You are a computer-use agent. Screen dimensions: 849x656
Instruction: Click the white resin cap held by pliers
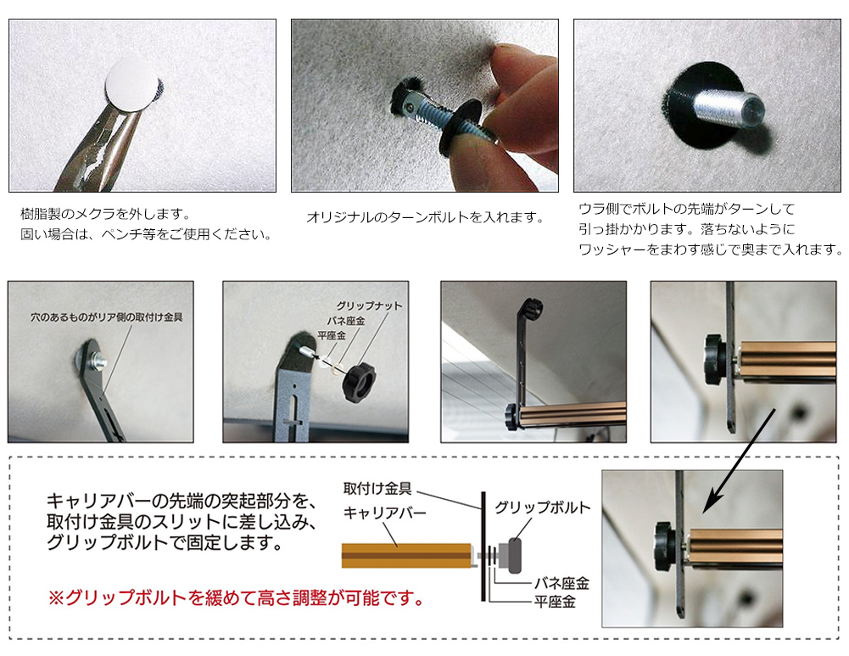tap(131, 85)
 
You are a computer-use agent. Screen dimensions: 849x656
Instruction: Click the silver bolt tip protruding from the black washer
tap(729, 109)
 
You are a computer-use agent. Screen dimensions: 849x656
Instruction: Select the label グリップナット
tap(369, 306)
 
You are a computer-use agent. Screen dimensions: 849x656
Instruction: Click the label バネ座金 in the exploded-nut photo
tap(345, 320)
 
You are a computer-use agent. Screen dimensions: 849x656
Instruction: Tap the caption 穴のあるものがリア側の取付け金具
tap(106, 317)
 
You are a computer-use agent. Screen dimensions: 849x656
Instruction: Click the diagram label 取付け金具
tap(377, 489)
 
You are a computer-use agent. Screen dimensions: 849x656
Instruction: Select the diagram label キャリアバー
tap(384, 512)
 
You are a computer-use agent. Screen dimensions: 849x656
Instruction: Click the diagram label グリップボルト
tap(542, 507)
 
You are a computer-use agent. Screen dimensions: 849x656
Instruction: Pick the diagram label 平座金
tap(555, 602)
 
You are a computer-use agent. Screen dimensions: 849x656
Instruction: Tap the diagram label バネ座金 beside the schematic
tap(561, 583)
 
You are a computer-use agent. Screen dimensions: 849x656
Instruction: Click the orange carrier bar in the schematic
tap(406, 555)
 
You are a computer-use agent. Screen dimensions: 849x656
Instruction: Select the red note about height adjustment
tap(237, 598)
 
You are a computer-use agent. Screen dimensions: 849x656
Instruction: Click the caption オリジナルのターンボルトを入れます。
tap(425, 218)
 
